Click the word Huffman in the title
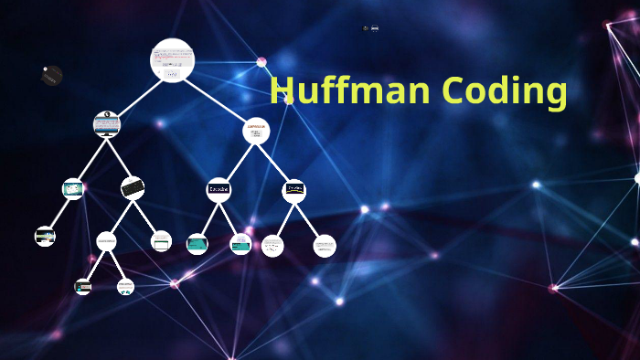coord(351,91)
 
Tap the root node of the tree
coord(172,60)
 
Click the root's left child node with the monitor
coord(107,124)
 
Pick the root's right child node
coord(256,132)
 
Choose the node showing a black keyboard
coord(133,188)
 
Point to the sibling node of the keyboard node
coord(73,189)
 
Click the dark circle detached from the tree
coord(52,76)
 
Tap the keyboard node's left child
coord(106,241)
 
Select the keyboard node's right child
coord(161,241)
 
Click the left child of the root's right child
coord(219,189)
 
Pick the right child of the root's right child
coord(293,190)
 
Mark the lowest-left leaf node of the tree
coord(83,287)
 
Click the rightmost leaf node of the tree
coord(325,246)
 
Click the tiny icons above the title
coord(370,28)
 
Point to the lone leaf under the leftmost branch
coord(45,237)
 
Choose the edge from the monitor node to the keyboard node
coord(120,156)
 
